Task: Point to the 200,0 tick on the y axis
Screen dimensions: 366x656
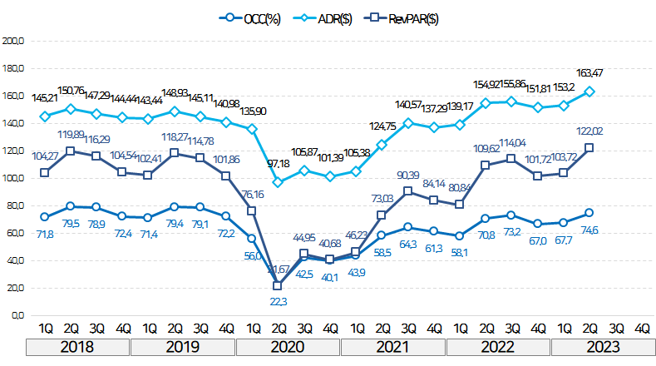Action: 13,40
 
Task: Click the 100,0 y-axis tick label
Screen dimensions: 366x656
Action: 13,177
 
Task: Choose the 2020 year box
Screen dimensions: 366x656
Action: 290,347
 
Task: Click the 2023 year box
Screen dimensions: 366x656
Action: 602,347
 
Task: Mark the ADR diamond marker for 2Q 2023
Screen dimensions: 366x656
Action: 589,91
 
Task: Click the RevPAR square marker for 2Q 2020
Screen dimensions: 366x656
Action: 278,285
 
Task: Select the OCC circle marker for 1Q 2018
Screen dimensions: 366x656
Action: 45,217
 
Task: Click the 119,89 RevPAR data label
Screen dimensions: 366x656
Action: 73,133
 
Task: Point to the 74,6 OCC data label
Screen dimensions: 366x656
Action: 590,231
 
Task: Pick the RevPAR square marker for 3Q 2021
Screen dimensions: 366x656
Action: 407,191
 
